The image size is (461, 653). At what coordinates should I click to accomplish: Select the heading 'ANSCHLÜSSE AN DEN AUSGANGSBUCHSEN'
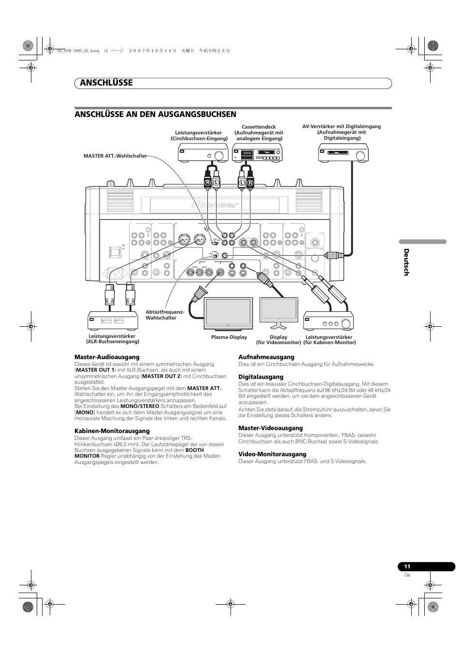click(155, 115)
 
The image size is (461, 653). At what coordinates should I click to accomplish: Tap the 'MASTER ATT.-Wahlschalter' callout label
click(115, 156)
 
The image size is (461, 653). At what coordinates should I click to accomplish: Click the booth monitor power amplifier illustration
click(329, 320)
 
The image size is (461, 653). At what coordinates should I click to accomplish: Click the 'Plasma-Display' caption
click(229, 337)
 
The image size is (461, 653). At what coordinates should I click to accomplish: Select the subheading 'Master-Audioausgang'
click(107, 357)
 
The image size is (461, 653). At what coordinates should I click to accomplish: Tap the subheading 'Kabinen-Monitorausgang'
click(112, 431)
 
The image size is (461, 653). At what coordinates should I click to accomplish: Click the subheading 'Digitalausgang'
click(261, 377)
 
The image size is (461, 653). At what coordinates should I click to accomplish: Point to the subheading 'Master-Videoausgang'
click(271, 428)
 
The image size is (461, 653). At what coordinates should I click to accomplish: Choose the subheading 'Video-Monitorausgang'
click(273, 454)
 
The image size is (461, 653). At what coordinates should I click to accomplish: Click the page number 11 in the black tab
click(407, 567)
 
